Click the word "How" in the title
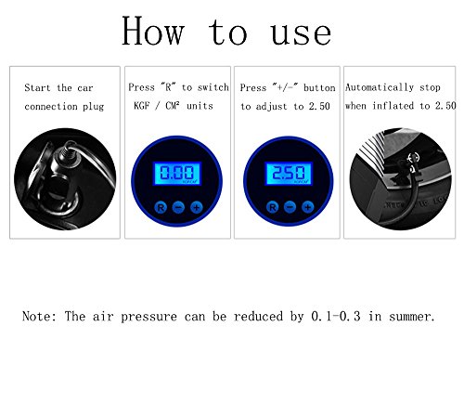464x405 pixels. click(x=153, y=31)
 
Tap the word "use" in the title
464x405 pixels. click(x=301, y=33)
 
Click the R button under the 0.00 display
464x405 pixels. click(x=161, y=207)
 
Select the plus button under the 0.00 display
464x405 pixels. click(x=197, y=207)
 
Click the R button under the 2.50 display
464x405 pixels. click(x=272, y=207)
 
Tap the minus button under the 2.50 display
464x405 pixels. click(x=290, y=207)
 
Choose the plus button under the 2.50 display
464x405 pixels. click(x=308, y=207)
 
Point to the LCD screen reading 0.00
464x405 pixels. click(x=177, y=174)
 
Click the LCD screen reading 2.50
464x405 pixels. click(x=289, y=174)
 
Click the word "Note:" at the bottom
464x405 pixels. click(x=40, y=317)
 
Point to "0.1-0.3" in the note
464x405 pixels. click(x=336, y=317)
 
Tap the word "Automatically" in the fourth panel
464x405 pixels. click(x=380, y=87)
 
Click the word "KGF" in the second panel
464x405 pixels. click(x=142, y=106)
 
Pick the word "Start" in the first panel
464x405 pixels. click(x=37, y=87)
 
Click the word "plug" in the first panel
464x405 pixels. click(x=94, y=107)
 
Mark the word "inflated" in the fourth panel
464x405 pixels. click(x=393, y=106)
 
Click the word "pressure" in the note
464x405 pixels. click(x=149, y=318)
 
